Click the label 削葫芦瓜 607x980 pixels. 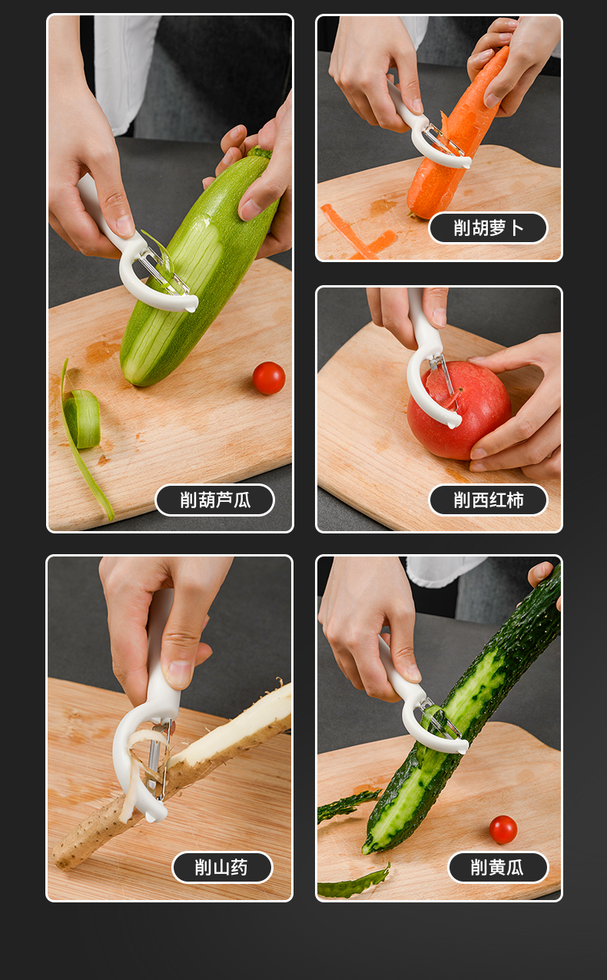(x=214, y=500)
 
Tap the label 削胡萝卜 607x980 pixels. (x=488, y=228)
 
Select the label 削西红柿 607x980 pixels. (x=488, y=500)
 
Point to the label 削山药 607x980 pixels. (x=222, y=867)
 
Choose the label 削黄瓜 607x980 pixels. (x=498, y=867)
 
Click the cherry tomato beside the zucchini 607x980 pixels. (x=269, y=378)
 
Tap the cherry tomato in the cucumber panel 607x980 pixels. (x=503, y=829)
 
